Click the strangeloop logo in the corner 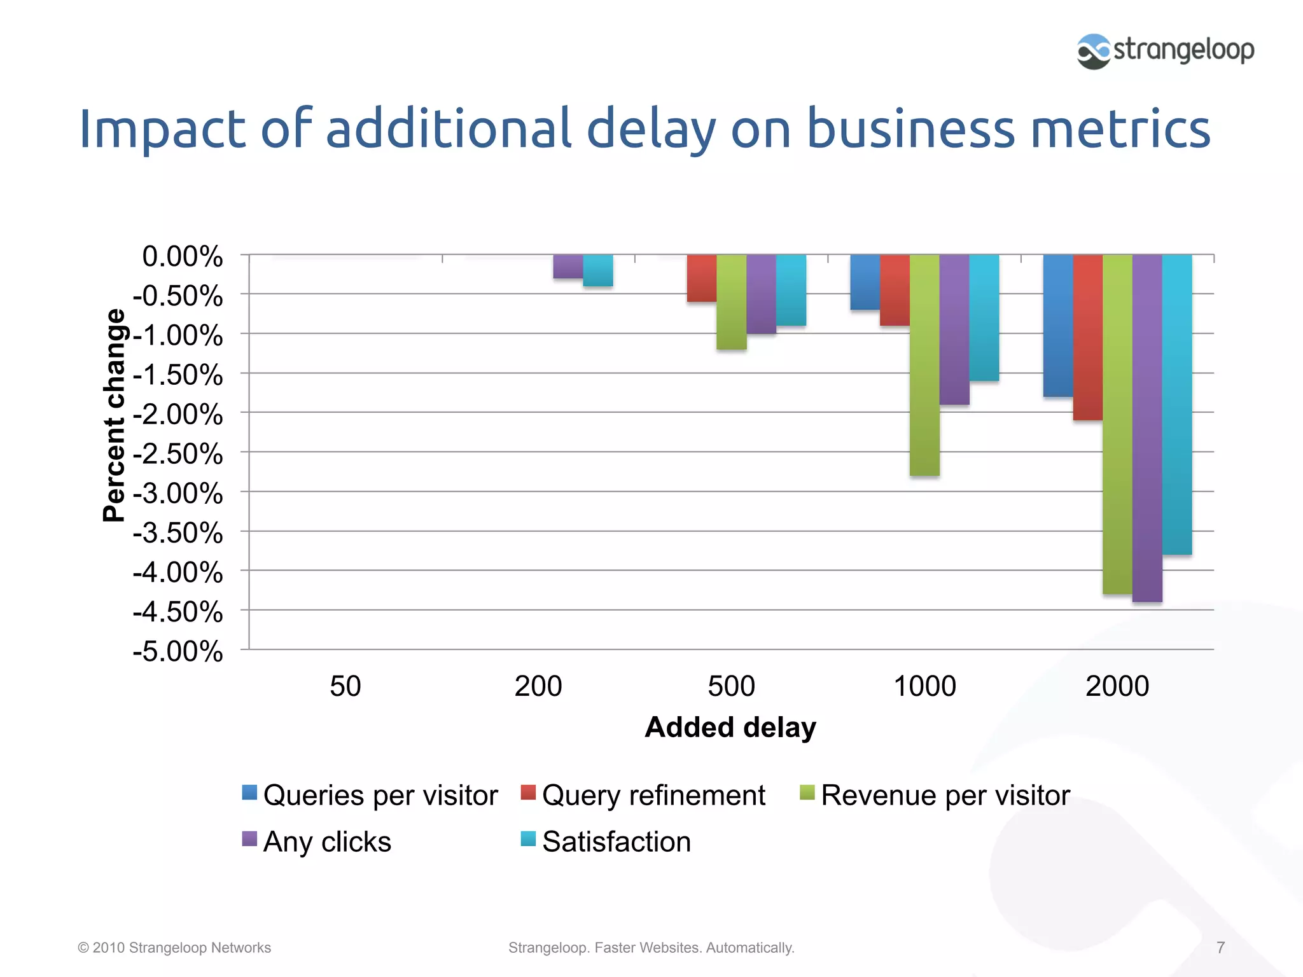click(x=1164, y=51)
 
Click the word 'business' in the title click(x=910, y=129)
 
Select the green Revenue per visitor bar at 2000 click(x=1117, y=424)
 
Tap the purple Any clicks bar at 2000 click(x=1147, y=427)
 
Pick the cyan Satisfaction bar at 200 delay click(x=598, y=270)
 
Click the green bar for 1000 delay click(x=924, y=364)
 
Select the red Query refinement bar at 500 click(x=701, y=278)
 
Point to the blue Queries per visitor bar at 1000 click(x=865, y=282)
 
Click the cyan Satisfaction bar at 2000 click(x=1177, y=405)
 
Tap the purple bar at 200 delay click(x=568, y=267)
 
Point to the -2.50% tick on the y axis click(x=178, y=454)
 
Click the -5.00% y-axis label click(x=178, y=652)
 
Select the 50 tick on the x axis click(x=345, y=686)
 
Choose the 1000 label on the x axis click(x=924, y=686)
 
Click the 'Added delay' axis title click(x=730, y=727)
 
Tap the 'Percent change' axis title click(x=115, y=415)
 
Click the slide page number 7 click(x=1220, y=948)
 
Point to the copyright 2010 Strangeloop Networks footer click(x=174, y=948)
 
